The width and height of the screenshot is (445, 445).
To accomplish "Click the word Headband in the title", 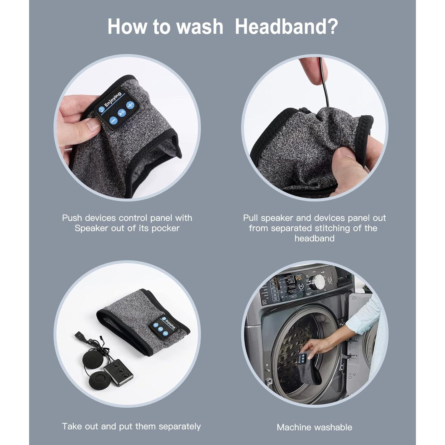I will (286, 26).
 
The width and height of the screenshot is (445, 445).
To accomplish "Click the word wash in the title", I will (200, 26).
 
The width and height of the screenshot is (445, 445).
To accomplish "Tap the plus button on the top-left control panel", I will (130, 105).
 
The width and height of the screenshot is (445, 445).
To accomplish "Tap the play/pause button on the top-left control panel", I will (122, 113).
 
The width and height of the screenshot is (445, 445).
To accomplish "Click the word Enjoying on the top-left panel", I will (113, 99).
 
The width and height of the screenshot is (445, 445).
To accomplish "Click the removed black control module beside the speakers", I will (118, 373).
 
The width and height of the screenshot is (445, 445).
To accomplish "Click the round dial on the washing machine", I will (317, 282).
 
